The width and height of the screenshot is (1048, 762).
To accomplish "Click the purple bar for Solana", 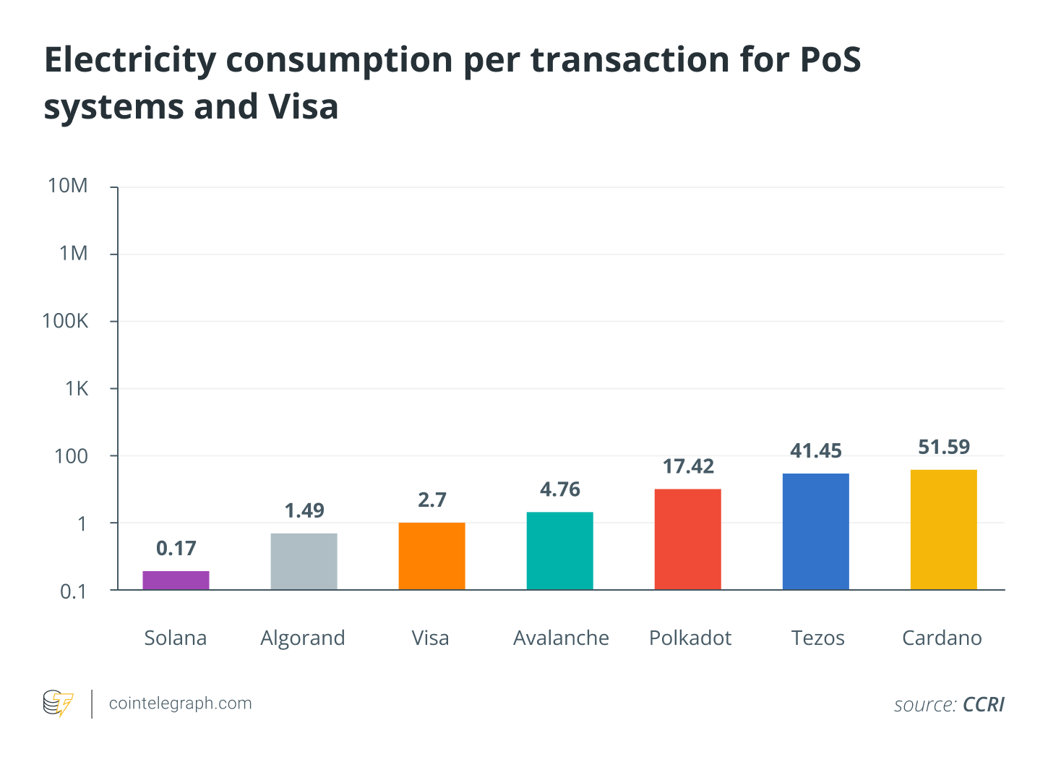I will [176, 581].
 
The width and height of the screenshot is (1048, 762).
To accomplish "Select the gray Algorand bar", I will [304, 562].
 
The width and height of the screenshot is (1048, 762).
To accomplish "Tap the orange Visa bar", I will [431, 556].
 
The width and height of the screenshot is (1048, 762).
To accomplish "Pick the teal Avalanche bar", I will [560, 551].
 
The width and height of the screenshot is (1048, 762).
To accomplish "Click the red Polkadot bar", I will [687, 539].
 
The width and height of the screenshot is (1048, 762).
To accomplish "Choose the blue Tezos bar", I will [815, 531].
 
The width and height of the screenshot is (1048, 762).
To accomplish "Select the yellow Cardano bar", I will [943, 529].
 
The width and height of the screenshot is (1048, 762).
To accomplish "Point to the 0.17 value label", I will [176, 549].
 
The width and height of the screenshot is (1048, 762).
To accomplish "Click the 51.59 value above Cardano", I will [944, 448].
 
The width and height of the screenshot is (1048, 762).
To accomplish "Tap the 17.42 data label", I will [688, 467].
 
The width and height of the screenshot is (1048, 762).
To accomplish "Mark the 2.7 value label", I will [432, 500].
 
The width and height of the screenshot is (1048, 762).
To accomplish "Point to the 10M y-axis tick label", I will [68, 187].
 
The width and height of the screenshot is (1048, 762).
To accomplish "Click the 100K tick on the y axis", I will [66, 321].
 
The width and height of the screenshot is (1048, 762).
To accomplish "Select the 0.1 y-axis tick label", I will [73, 592].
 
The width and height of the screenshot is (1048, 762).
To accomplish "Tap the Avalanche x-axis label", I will [561, 638].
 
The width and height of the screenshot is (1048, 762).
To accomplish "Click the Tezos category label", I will [817, 638].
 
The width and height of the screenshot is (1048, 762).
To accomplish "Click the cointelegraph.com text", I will [180, 703].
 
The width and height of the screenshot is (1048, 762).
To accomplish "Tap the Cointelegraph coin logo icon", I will [58, 703].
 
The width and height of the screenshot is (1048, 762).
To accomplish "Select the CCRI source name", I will [984, 705].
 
